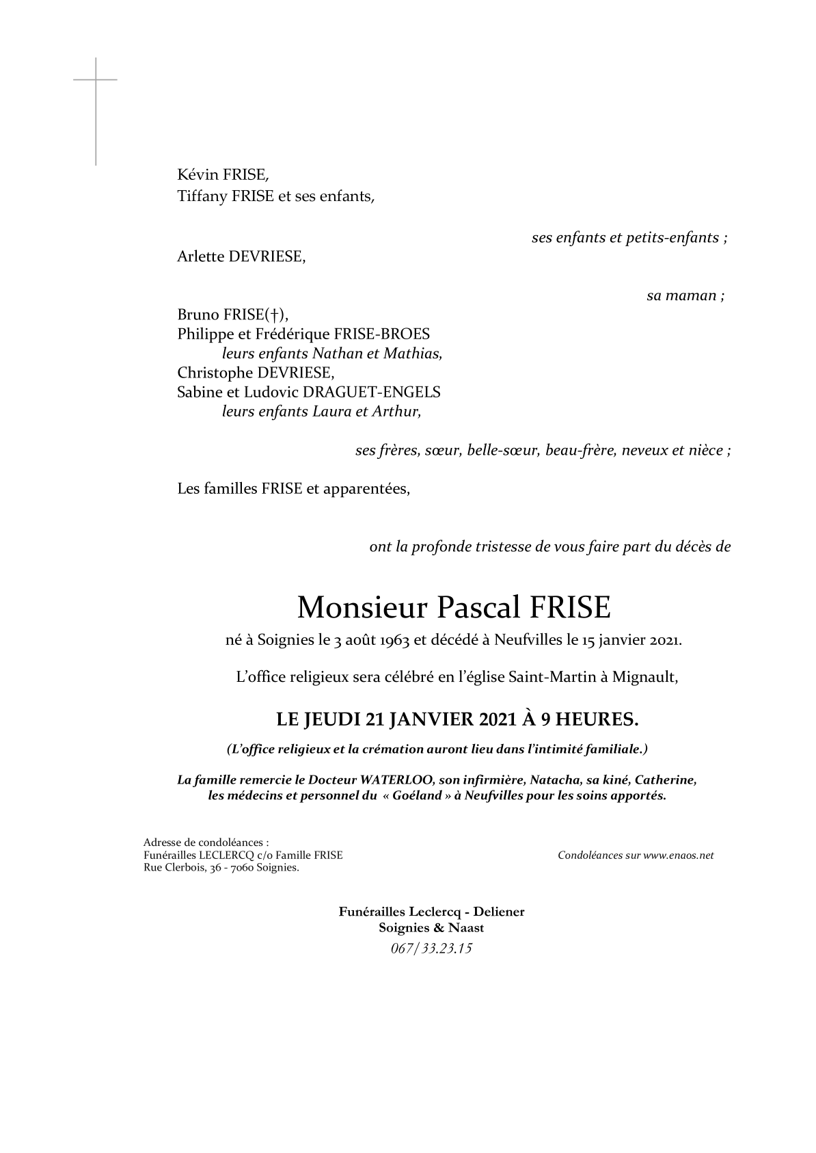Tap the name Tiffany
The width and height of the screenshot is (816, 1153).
point(202,197)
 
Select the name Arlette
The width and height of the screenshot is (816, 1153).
point(200,256)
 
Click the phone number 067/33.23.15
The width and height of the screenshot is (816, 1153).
point(431,949)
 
